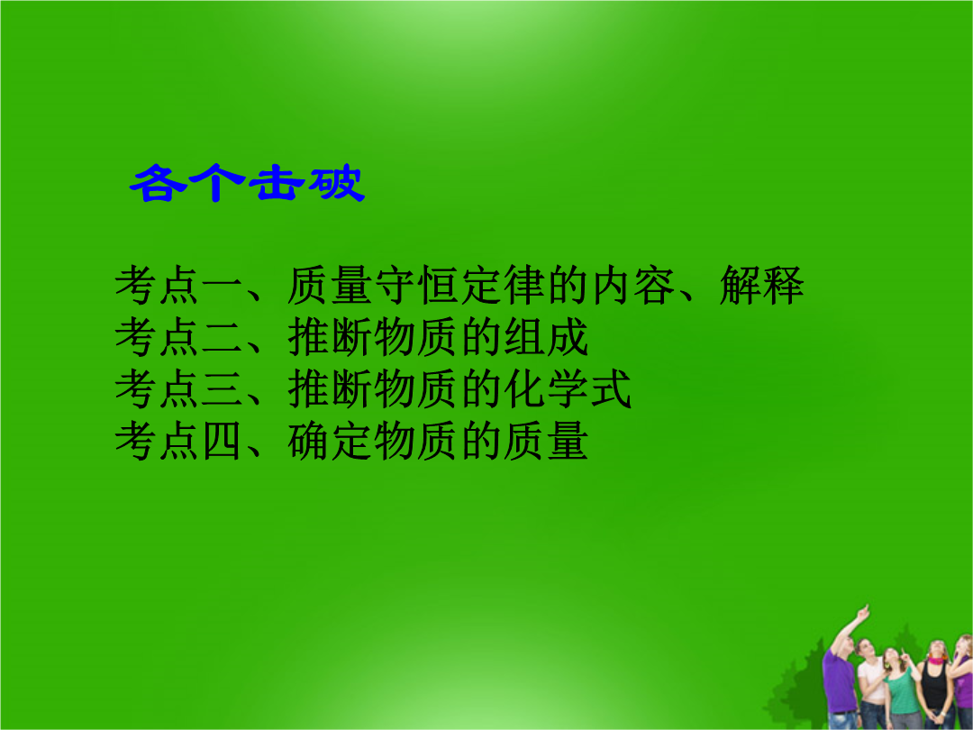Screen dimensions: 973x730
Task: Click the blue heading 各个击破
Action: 247,182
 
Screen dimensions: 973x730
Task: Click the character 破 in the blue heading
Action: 337,182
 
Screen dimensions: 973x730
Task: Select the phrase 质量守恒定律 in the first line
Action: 416,286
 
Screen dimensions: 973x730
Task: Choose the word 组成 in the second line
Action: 545,338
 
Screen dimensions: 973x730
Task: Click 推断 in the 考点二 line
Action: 330,338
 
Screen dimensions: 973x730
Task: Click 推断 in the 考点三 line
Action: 330,390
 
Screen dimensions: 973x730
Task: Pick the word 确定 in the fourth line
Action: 330,442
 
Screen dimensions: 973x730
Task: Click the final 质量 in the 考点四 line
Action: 545,442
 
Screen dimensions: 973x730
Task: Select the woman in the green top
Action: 901,689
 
